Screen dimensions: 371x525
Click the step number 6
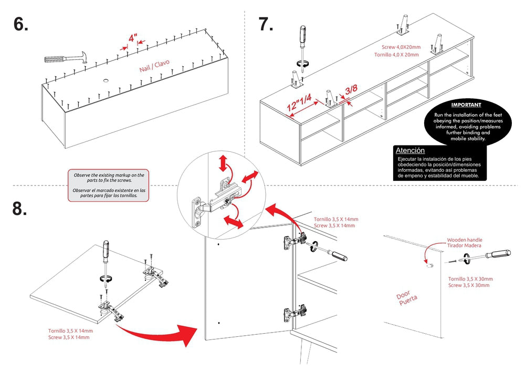coord(21,24)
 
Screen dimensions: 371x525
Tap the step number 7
coord(266,24)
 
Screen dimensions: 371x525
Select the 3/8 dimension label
coord(351,90)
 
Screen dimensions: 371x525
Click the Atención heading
coord(410,150)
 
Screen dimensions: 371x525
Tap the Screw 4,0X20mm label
coord(397,47)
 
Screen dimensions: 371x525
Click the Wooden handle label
coord(465,240)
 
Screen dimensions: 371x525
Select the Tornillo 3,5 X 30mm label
coord(470,279)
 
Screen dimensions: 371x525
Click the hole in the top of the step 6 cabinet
coord(105,81)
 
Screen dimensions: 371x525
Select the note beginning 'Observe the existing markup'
coord(109,184)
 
